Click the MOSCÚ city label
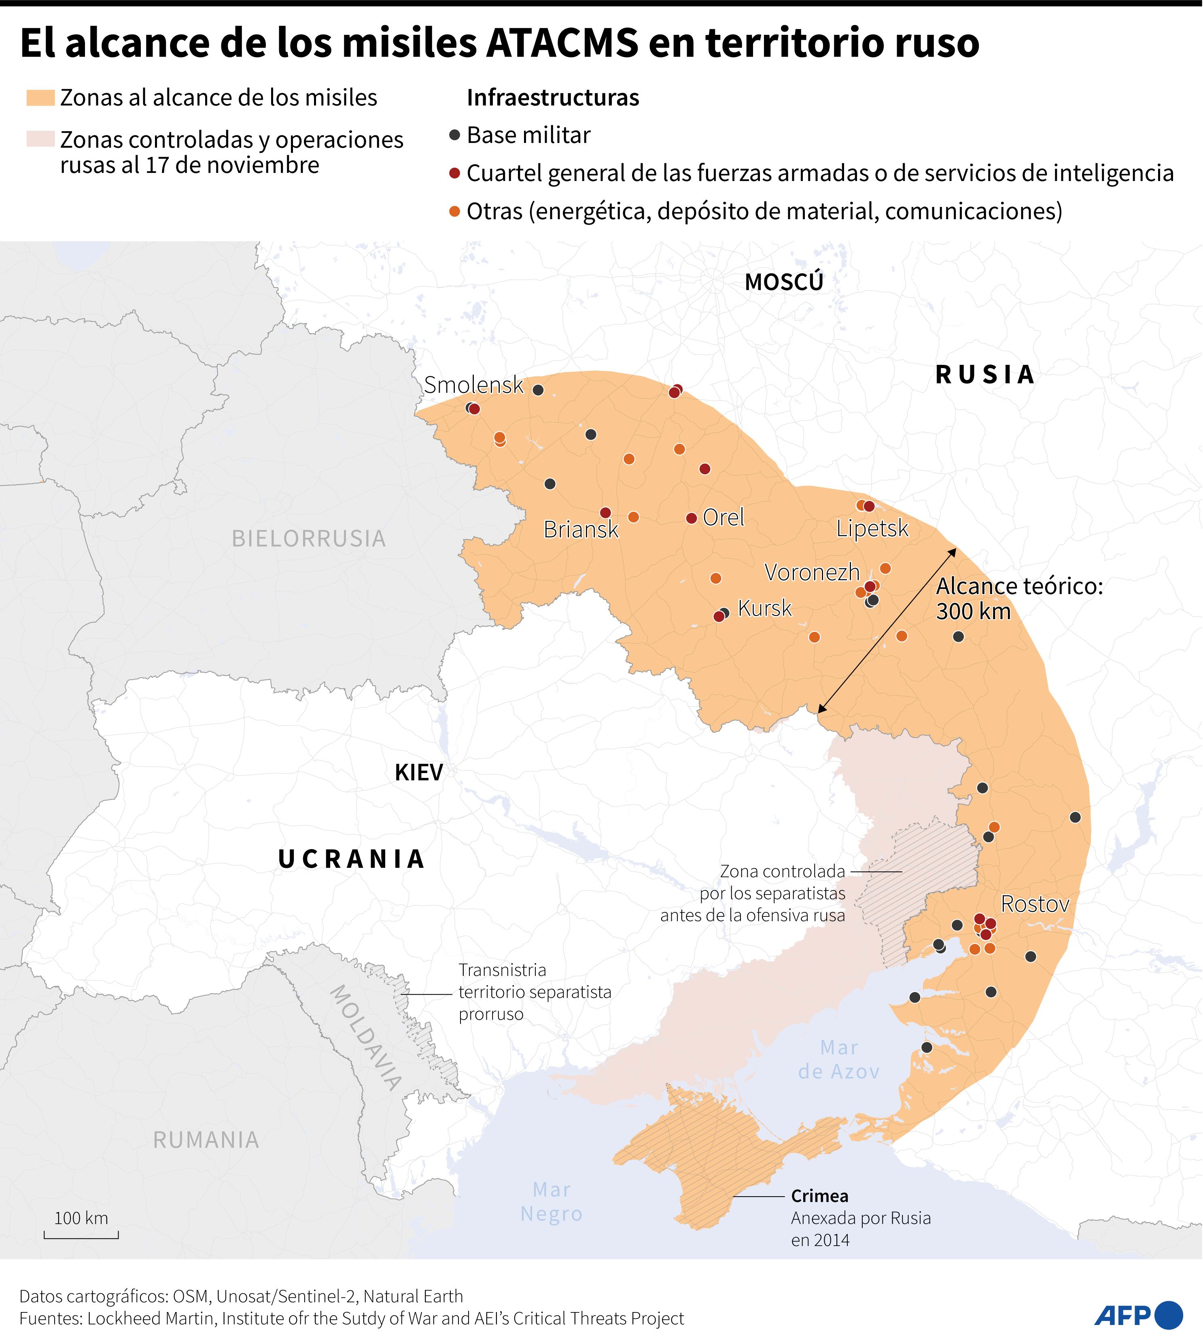(x=784, y=282)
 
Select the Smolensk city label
(x=473, y=385)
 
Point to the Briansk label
(x=580, y=530)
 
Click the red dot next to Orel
(x=692, y=518)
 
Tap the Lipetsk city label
(x=872, y=528)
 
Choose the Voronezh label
(x=812, y=572)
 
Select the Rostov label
(x=1034, y=903)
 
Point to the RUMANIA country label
(x=206, y=1140)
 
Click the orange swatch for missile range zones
(x=40, y=98)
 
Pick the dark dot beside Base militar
(x=454, y=136)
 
